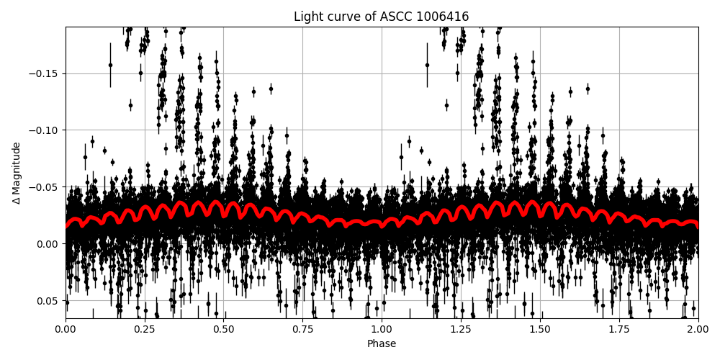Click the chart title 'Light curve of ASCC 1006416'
coord(381,17)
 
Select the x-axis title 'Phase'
coord(381,344)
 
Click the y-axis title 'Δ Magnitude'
coord(17,173)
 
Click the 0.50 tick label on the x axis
coord(223,330)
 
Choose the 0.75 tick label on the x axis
coord(302,330)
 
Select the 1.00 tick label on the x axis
coord(382,330)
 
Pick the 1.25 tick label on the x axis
coord(461,330)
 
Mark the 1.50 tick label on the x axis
coord(540,330)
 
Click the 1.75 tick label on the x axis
coord(619,330)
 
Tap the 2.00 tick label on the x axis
coord(698,330)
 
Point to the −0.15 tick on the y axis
coord(46,73)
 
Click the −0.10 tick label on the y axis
coord(46,130)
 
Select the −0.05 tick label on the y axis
coord(46,187)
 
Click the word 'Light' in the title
coord(307,17)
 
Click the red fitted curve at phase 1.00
coord(382,225)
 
